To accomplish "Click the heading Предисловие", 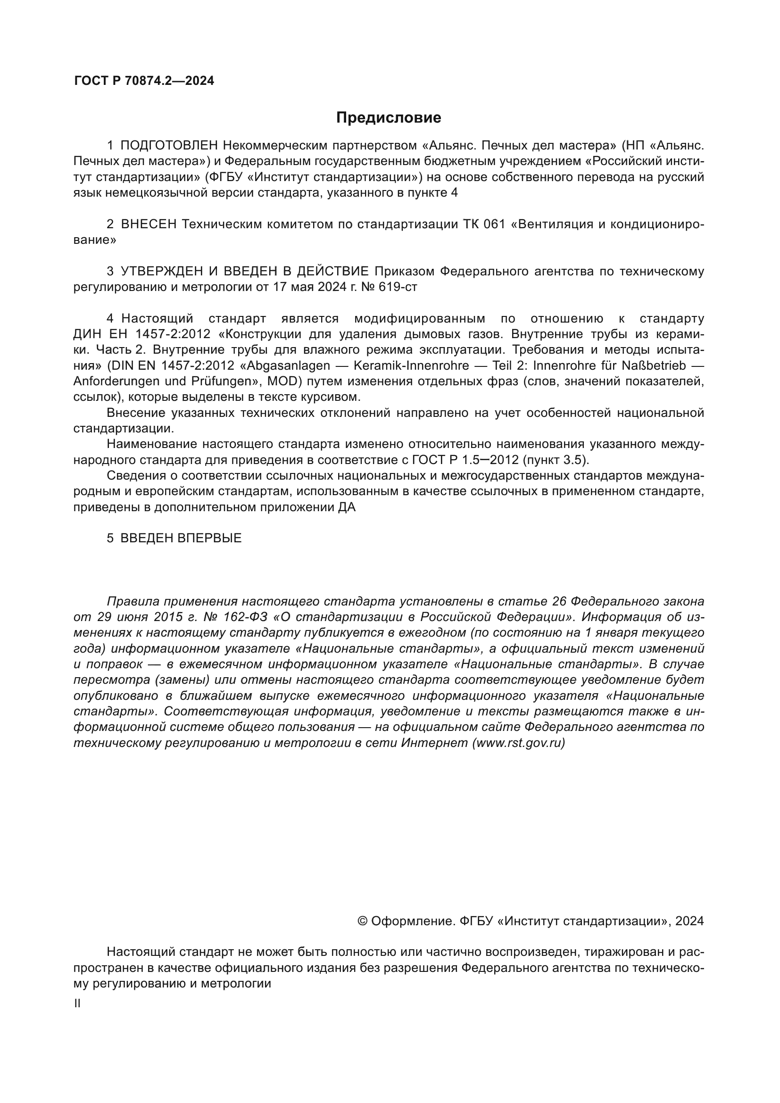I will [388, 118].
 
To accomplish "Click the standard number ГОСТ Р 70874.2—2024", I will [144, 81].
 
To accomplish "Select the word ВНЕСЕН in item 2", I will [149, 224].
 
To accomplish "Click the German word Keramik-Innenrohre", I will [411, 365].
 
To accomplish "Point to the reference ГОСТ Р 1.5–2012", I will [465, 460].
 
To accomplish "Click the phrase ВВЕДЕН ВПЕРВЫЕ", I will [181, 538].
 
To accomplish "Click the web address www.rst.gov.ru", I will [518, 743].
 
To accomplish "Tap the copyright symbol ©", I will [363, 921].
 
